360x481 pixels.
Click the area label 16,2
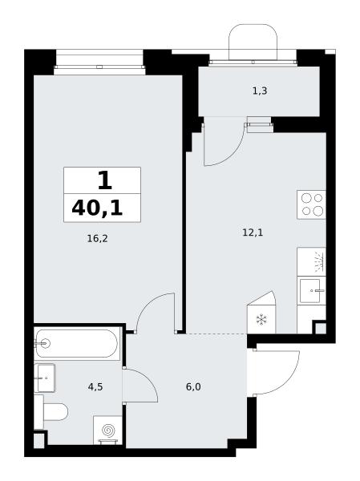point(97,238)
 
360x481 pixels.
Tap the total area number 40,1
point(97,208)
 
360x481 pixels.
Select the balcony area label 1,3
point(260,91)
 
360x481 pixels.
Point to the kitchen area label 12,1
point(253,232)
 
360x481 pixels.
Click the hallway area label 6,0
point(193,387)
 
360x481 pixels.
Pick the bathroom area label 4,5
point(95,387)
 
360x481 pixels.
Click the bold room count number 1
point(105,180)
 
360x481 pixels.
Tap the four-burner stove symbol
point(311,204)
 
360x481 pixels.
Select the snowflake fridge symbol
point(261,320)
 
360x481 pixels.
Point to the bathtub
point(77,344)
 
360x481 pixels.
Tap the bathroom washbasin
point(45,378)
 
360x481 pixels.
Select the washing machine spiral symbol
point(107,430)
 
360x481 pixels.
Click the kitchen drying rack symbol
point(319,261)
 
